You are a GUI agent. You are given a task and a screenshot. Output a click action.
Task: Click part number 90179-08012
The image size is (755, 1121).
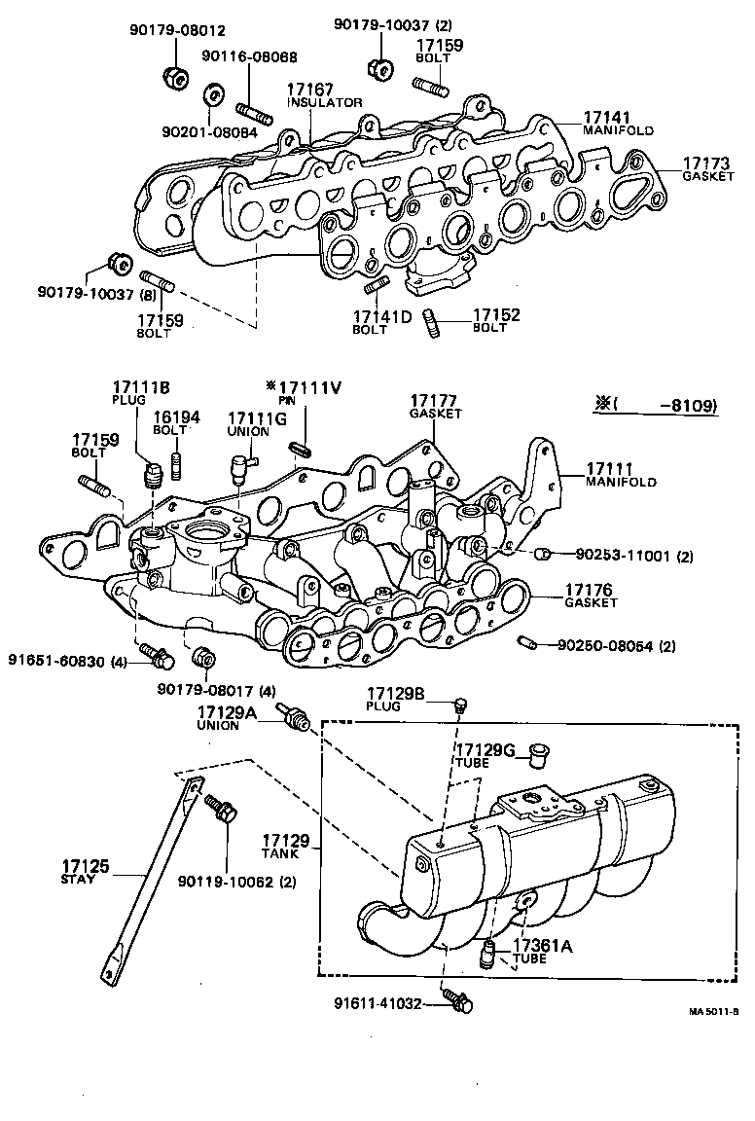point(169,31)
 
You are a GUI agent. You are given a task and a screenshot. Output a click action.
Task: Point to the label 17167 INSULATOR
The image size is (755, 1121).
point(324,94)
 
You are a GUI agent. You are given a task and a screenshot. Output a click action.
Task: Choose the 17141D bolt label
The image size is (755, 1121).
point(381,321)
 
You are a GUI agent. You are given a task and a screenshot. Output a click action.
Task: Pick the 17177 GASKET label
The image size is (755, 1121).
point(434,406)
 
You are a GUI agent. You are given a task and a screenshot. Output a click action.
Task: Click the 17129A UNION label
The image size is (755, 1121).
point(226,718)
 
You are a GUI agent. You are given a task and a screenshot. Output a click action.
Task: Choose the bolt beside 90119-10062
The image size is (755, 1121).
point(219,810)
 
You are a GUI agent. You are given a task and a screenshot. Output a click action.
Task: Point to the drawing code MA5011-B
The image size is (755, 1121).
point(713,1011)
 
